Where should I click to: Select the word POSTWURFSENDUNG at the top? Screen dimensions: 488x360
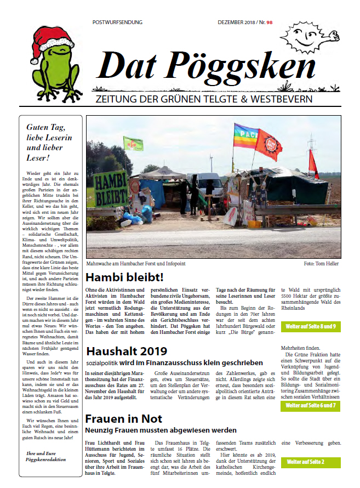pyautogui.click(x=118, y=22)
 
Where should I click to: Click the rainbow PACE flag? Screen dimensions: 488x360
pyautogui.click(x=245, y=136)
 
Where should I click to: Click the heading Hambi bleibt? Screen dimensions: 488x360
pyautogui.click(x=124, y=276)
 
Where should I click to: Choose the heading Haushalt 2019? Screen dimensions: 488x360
pyautogui.click(x=127, y=351)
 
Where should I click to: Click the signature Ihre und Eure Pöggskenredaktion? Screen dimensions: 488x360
pyautogui.click(x=51, y=457)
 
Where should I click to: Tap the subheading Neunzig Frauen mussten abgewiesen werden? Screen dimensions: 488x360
pyautogui.click(x=161, y=430)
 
